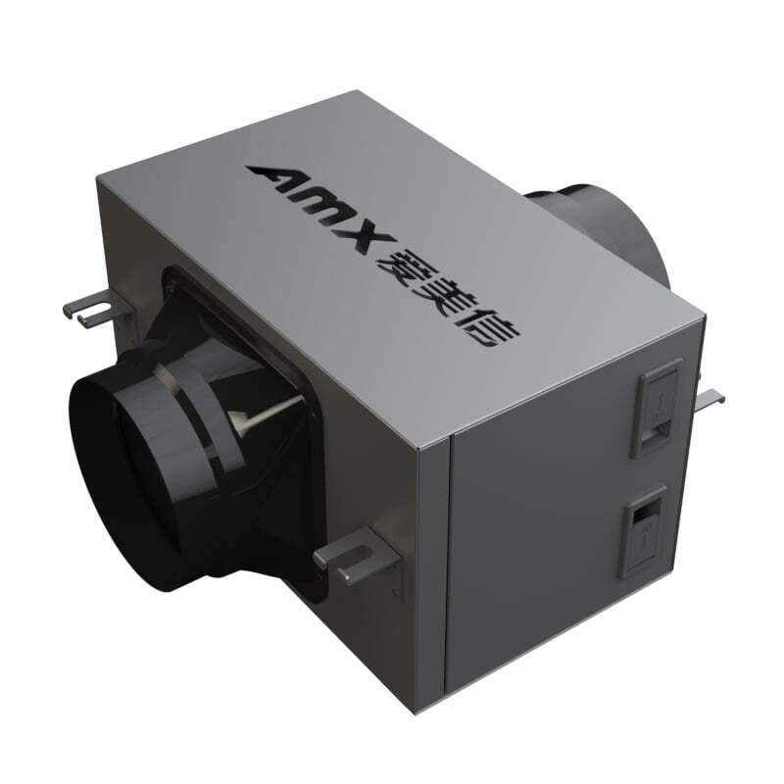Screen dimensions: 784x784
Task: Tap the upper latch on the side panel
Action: point(657,404)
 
